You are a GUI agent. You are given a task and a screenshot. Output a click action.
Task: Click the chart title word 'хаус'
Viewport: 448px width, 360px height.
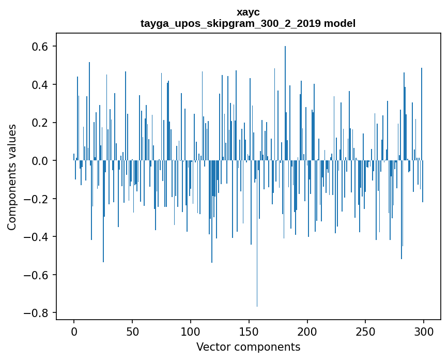(x=248, y=12)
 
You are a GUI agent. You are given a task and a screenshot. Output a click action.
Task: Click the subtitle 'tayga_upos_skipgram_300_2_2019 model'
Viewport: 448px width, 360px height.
(x=248, y=23)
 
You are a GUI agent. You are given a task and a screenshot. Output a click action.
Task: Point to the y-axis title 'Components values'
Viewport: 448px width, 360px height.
(x=12, y=177)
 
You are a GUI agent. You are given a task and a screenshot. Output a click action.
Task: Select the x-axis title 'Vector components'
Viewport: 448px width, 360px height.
(x=248, y=347)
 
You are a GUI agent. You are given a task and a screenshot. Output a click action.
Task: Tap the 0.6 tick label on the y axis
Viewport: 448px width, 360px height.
(x=41, y=47)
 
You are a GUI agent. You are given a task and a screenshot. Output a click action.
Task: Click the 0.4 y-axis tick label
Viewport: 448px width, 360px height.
(x=41, y=84)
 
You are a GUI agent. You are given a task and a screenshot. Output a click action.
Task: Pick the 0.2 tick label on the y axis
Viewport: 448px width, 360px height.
(x=41, y=123)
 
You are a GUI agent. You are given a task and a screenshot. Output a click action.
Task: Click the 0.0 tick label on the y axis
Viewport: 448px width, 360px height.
(x=41, y=161)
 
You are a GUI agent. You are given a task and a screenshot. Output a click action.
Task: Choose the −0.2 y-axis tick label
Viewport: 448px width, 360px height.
(x=37, y=199)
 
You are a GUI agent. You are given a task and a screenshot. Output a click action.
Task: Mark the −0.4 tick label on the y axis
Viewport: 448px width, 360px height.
(x=37, y=237)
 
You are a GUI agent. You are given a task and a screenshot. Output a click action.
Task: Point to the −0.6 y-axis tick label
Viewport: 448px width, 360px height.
(x=37, y=275)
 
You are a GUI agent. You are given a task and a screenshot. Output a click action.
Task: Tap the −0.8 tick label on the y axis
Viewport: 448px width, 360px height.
(x=37, y=313)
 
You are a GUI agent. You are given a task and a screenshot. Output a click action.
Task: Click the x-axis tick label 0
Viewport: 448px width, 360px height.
(x=74, y=331)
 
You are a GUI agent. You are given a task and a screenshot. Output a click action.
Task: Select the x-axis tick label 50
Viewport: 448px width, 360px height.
(x=132, y=331)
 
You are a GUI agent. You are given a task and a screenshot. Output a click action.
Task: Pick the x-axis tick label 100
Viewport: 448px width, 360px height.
(x=191, y=331)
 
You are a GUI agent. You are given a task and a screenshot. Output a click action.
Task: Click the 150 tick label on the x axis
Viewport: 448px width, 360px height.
(x=249, y=331)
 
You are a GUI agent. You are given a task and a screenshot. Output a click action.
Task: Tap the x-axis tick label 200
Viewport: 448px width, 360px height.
(x=307, y=331)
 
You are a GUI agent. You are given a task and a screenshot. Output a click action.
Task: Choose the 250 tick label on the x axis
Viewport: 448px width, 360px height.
(x=366, y=331)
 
